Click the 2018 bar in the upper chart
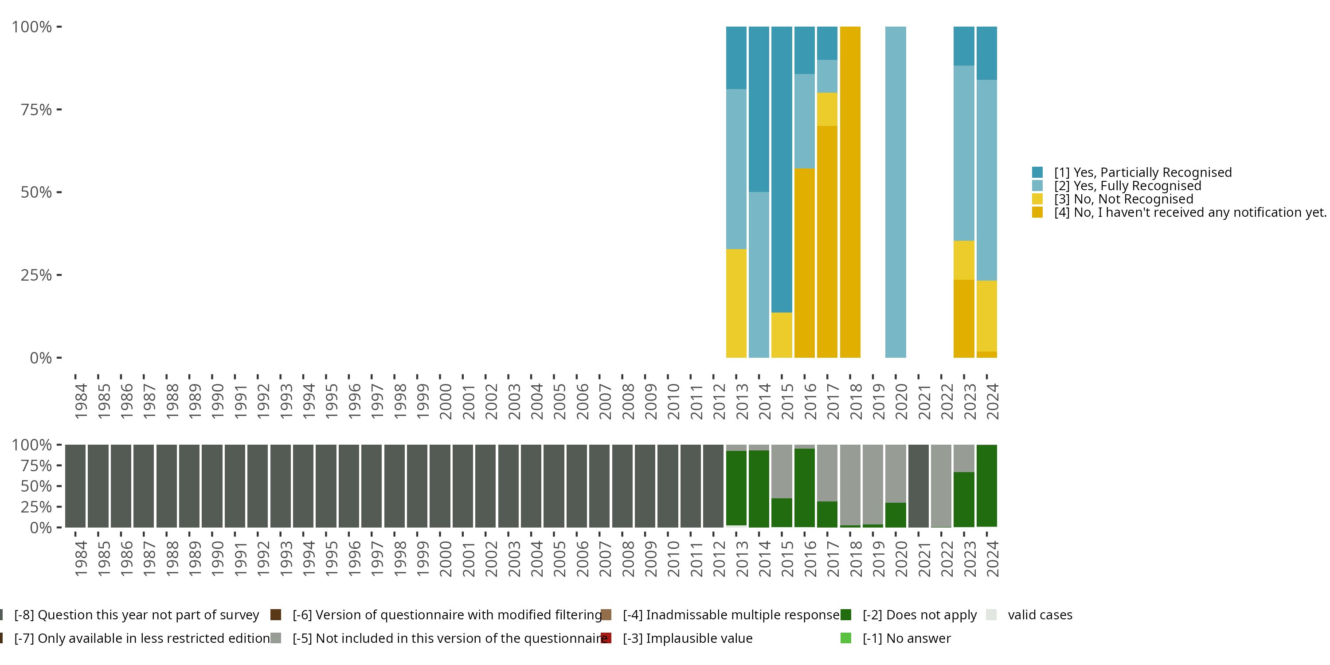(x=850, y=192)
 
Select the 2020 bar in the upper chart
(x=895, y=192)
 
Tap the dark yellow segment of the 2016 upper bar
(x=804, y=263)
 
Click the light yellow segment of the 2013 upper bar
(x=736, y=304)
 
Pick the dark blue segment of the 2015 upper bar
(x=782, y=170)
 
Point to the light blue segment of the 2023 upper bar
(x=964, y=153)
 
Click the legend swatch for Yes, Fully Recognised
(x=1037, y=186)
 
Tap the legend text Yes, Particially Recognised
(x=1143, y=172)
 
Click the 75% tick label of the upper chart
(x=36, y=110)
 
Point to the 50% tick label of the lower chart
(x=36, y=486)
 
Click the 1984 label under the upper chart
(x=81, y=401)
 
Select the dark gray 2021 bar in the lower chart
(x=919, y=486)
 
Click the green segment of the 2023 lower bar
(x=964, y=500)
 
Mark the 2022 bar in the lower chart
(x=941, y=486)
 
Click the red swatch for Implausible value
(x=606, y=638)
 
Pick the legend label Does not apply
(x=919, y=615)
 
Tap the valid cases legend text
(x=1040, y=615)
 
